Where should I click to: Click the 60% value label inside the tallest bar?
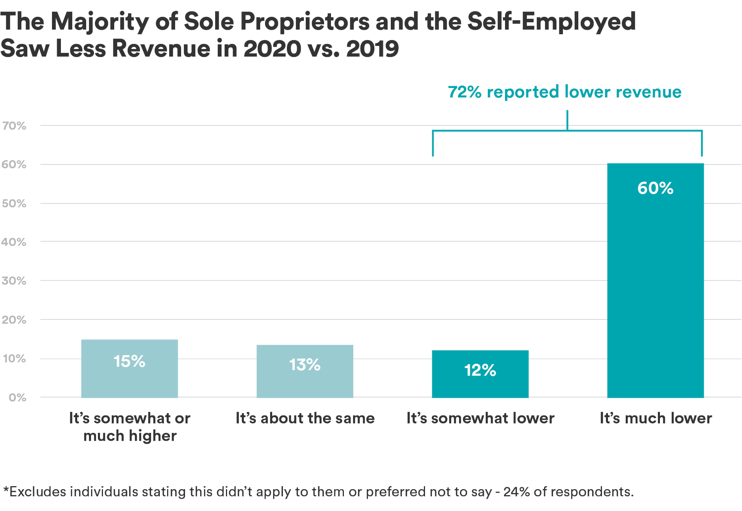655,188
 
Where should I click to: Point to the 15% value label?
130,362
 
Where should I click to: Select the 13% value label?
305,365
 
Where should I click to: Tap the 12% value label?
480,371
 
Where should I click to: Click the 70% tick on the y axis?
14,126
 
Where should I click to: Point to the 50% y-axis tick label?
14,204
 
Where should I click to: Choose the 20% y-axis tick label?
14,320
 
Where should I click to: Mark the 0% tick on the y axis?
17,398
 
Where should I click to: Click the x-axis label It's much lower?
656,419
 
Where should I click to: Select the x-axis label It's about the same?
305,419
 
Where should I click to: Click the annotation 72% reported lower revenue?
564,92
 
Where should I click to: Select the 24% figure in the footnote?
516,492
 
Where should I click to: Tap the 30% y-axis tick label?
14,281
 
